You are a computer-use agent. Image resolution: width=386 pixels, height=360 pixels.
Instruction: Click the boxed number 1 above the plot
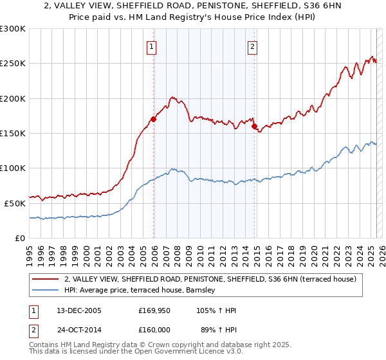(151, 46)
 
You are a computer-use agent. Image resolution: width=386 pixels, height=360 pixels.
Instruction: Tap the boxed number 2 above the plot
(253, 46)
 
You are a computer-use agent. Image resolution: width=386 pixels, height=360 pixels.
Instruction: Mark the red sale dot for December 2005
(154, 119)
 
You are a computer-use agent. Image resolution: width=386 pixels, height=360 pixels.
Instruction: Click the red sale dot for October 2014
(254, 126)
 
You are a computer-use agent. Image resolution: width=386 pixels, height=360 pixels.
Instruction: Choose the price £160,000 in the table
(154, 329)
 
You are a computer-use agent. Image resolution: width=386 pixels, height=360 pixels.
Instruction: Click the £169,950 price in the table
(154, 311)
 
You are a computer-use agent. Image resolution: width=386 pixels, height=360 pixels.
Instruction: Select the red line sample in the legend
(45, 279)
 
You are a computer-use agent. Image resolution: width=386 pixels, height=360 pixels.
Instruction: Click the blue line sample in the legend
(45, 291)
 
